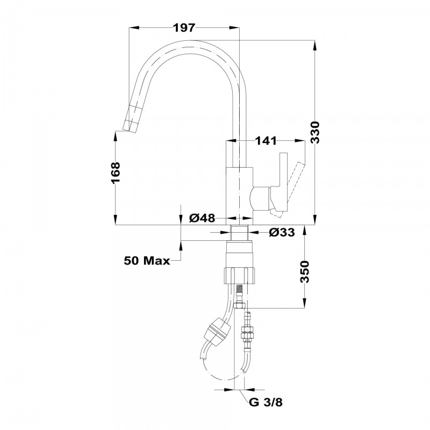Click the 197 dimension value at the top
click(x=184, y=28)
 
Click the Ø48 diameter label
click(x=203, y=218)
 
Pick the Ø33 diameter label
click(x=281, y=232)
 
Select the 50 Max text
click(x=147, y=261)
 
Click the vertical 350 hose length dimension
click(x=304, y=273)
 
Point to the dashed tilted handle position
click(x=293, y=185)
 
